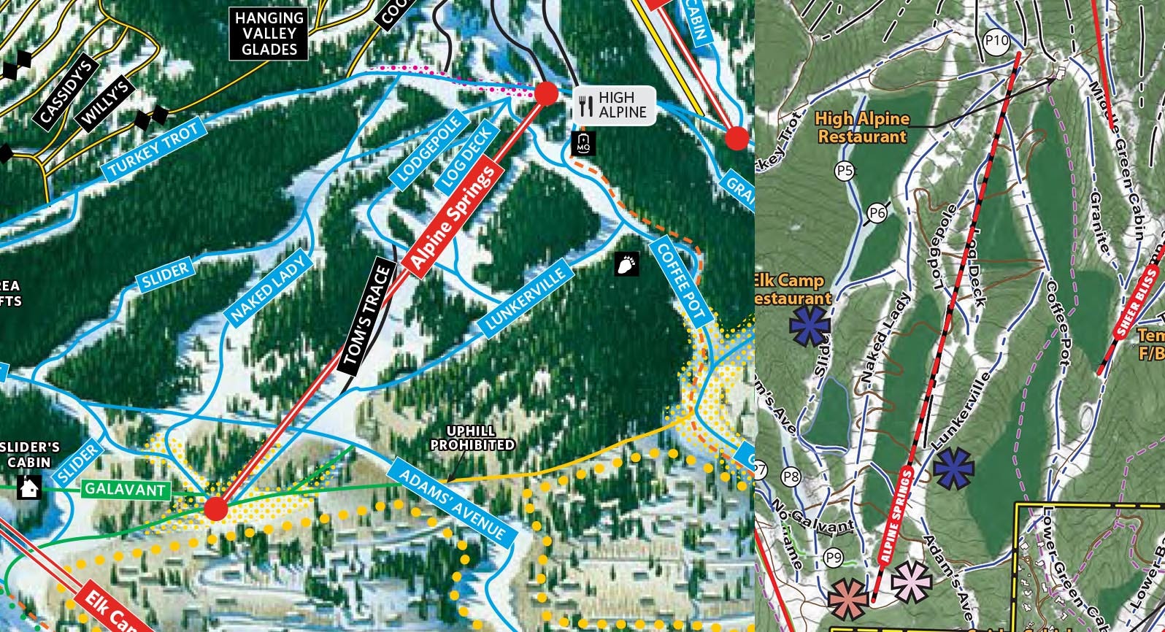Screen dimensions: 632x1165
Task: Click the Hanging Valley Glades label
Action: coord(269,34)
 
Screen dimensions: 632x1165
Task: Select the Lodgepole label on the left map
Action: coord(430,148)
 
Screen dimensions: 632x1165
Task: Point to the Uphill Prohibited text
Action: coord(472,439)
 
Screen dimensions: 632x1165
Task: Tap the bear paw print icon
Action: coord(626,264)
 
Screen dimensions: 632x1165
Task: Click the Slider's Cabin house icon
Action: coord(29,488)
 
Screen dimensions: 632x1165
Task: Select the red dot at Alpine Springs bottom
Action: coord(216,508)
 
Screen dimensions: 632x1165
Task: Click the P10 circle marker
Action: coord(996,41)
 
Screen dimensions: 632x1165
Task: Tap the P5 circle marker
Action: coord(845,171)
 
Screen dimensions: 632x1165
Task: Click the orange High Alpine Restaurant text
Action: coord(862,127)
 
